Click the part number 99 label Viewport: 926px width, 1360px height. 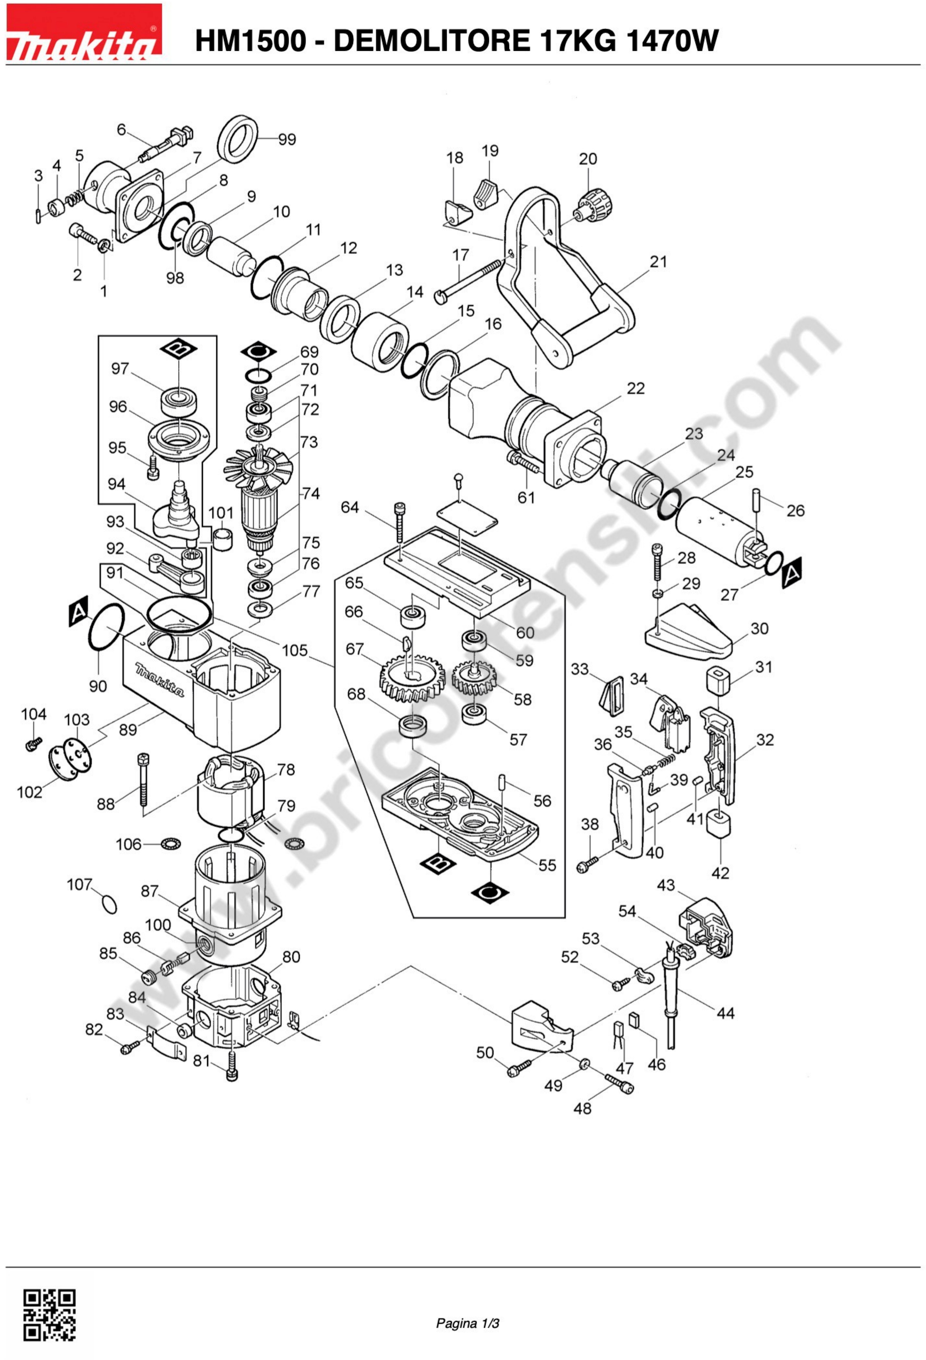[287, 139]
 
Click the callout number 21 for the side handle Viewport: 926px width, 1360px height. [659, 262]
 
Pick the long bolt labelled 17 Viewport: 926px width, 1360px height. [468, 282]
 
